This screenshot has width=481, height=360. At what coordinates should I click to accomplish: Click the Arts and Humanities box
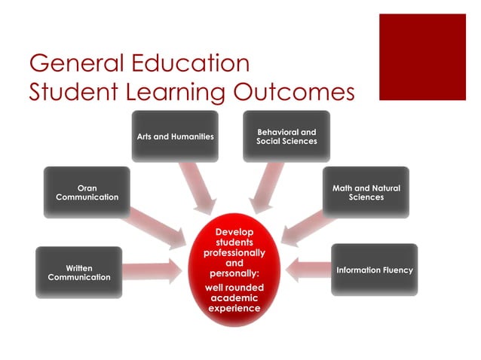coord(175,136)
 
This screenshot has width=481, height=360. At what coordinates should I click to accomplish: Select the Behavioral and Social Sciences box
coord(286,136)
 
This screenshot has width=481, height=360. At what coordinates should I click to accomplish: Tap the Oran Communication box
coord(87,192)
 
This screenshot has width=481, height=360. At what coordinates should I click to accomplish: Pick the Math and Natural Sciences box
coord(366,192)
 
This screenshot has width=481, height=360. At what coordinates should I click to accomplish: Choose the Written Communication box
coord(78,272)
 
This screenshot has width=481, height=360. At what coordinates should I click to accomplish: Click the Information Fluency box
coord(374,270)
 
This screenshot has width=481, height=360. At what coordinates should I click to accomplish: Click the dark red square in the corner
coord(422,56)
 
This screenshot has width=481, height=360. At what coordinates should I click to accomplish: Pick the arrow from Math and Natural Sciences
coord(305,224)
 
